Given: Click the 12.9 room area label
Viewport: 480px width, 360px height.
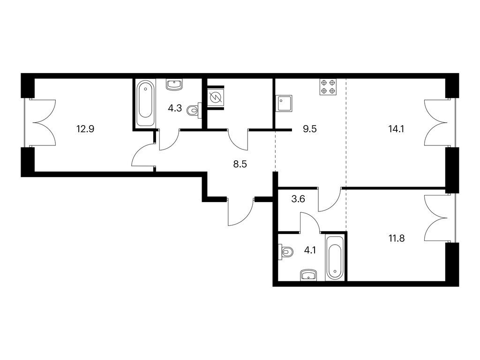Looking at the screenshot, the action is coord(85,129).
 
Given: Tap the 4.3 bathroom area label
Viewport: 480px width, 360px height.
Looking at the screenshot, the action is coord(175,108).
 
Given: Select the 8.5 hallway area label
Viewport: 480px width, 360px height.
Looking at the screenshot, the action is coord(240,165).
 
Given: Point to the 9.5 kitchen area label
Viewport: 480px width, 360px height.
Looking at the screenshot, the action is coord(309,129).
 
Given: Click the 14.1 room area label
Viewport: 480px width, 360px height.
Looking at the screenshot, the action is coord(396,129).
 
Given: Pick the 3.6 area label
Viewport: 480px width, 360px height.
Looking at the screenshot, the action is coord(298,199).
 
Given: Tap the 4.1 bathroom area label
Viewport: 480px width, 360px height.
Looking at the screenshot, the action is coord(310,251).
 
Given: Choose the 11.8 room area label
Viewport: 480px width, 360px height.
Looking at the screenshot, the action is coord(397,238).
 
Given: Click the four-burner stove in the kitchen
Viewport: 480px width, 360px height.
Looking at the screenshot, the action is coord(328,87).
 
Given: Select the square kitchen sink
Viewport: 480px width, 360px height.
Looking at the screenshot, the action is coord(284,104).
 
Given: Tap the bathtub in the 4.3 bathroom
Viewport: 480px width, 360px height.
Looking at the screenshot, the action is coord(145,103).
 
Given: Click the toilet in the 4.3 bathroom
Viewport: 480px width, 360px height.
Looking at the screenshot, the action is coord(194,110).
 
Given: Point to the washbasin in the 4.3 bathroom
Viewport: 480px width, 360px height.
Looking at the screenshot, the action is coord(174,84).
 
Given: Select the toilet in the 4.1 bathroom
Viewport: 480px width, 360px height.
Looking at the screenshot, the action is coord(285,252).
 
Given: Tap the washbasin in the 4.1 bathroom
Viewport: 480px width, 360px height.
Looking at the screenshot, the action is coord(309,275).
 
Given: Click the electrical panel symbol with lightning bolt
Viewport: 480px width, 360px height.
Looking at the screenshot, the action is coord(216,97).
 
